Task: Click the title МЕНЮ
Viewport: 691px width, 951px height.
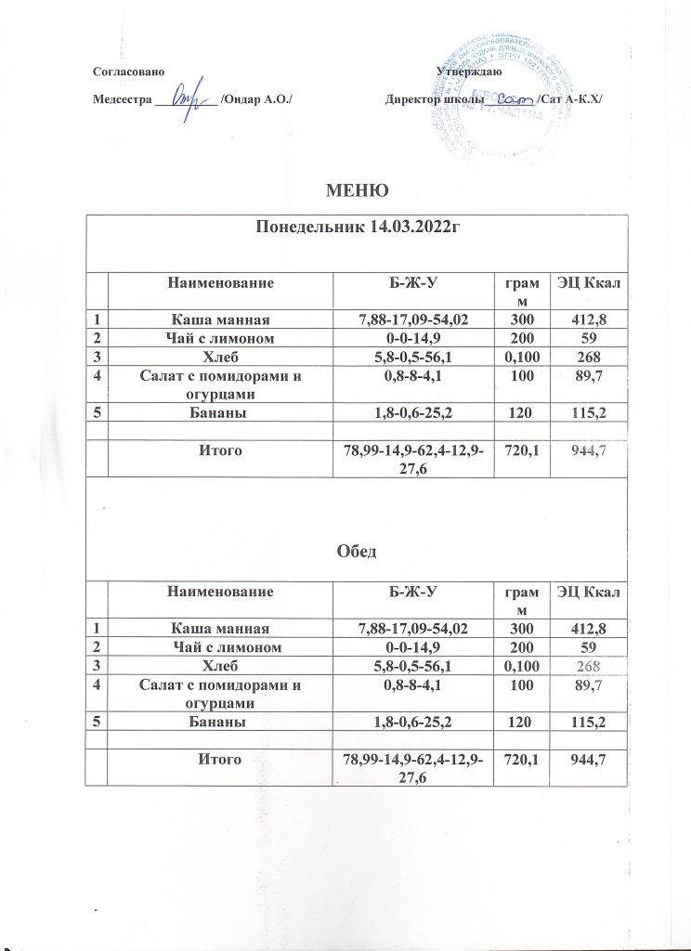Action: point(356,192)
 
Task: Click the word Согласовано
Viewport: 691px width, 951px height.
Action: point(130,72)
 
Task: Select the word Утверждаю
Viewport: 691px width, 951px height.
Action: point(468,72)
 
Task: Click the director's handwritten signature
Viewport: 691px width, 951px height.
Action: point(514,97)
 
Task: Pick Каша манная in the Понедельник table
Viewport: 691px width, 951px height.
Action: point(221,320)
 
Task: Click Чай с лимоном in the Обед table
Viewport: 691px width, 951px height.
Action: point(221,647)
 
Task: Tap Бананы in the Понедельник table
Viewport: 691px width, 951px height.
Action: point(221,411)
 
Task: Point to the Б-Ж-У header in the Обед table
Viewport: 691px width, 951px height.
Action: point(411,591)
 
